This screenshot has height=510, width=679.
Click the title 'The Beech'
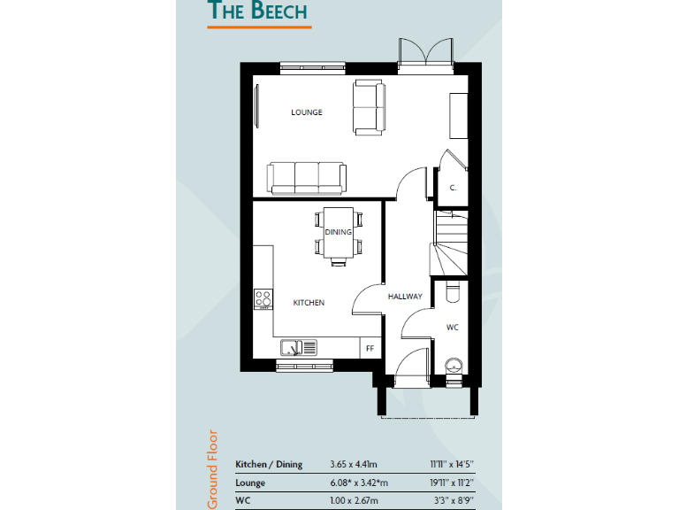(x=257, y=11)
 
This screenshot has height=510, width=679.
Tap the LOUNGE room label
(x=307, y=112)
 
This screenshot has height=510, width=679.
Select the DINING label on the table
(x=338, y=233)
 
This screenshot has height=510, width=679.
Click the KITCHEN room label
(x=309, y=303)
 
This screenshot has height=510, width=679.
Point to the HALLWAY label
(x=405, y=297)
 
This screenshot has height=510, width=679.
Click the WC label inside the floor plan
(x=452, y=328)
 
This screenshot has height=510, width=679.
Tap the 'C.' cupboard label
(x=453, y=188)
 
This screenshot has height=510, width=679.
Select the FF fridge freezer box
(x=370, y=348)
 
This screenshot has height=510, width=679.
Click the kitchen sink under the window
(x=299, y=346)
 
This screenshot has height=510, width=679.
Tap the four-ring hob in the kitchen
(x=263, y=300)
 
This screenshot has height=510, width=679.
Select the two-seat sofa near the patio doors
(x=369, y=108)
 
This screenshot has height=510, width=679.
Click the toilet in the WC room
(x=453, y=291)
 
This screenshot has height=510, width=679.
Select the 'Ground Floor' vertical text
(x=213, y=469)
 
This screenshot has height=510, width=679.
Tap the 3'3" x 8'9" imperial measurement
(x=454, y=501)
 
